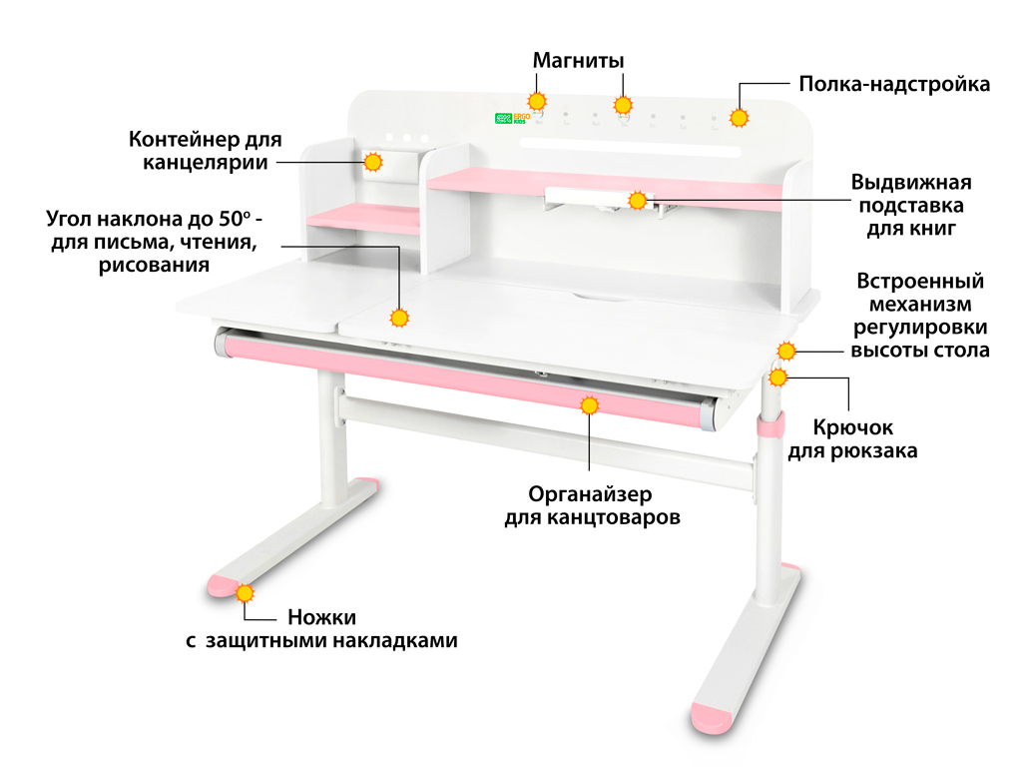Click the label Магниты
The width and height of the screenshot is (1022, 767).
click(578, 60)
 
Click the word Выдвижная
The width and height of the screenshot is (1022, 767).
click(910, 183)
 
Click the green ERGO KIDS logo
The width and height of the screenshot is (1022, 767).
click(512, 118)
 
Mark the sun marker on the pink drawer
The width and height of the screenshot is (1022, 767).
click(589, 404)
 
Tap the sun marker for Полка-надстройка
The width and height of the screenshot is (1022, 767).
click(739, 118)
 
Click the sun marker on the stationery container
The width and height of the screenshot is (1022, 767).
click(373, 161)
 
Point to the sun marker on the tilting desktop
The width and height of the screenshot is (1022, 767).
click(400, 319)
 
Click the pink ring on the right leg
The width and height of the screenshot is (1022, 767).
click(768, 426)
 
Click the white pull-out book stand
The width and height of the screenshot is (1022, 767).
click(589, 196)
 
